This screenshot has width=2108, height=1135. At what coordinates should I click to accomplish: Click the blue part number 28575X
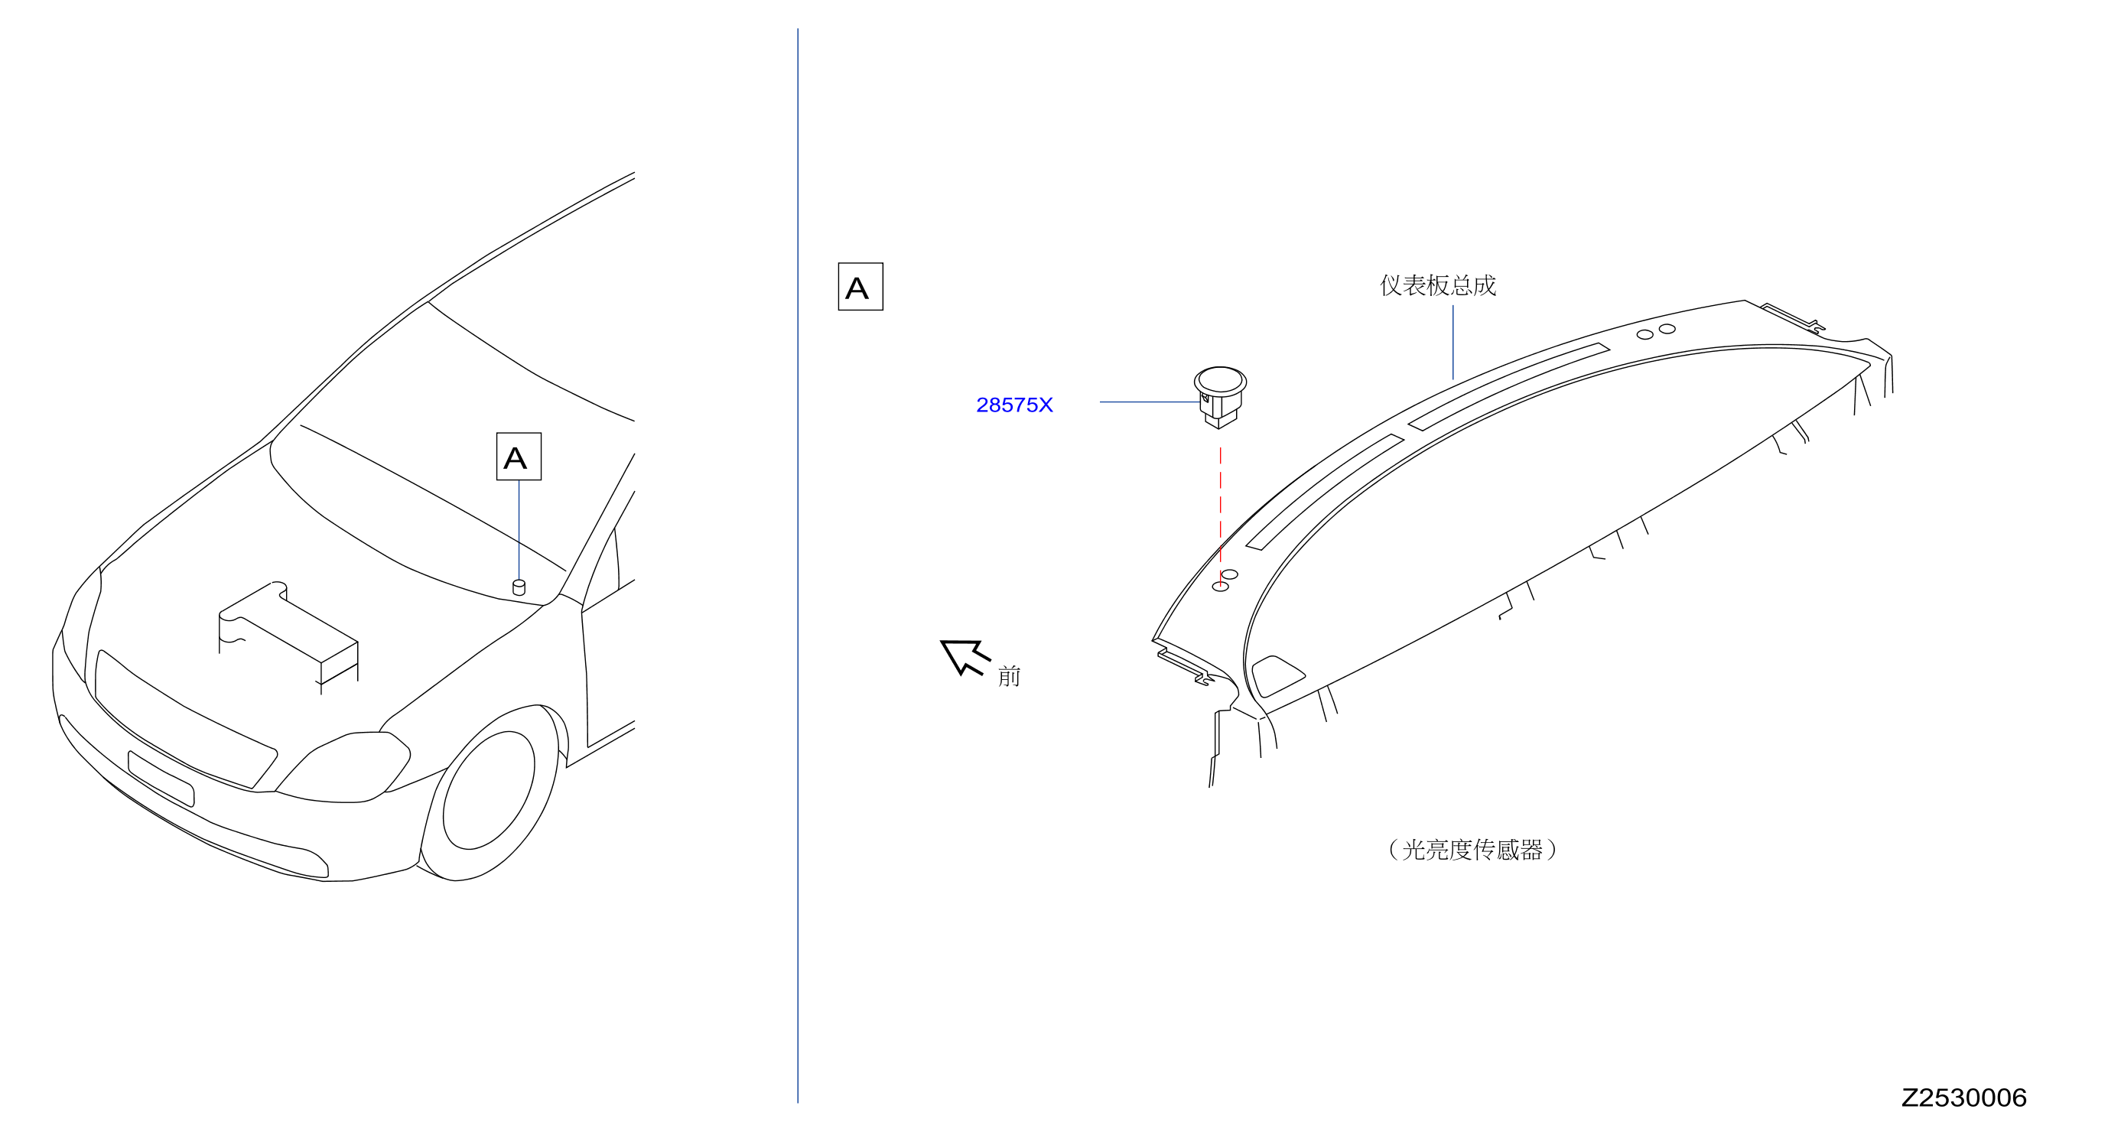point(1014,405)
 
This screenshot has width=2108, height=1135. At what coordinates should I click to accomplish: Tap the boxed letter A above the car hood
point(519,457)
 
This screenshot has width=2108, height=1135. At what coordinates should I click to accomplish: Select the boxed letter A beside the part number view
point(860,286)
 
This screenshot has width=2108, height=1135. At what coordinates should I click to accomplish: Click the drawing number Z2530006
point(1963,1098)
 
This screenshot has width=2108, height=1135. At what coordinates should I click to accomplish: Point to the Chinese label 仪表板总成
point(1438,285)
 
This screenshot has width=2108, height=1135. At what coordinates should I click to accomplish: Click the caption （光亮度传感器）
point(1472,850)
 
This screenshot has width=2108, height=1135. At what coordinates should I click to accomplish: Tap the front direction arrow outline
point(965,657)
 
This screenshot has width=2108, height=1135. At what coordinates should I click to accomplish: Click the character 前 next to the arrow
point(1009,676)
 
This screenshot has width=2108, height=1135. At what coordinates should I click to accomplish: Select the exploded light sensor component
point(1219,397)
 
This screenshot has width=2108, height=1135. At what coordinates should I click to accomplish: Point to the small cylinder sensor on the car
point(519,587)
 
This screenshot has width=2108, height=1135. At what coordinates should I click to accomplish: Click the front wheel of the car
point(490,792)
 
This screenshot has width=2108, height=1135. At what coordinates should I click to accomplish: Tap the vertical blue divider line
point(798,565)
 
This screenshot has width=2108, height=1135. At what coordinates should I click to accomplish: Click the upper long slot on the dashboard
point(1509,386)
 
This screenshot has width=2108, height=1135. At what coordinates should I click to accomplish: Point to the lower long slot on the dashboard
point(1325,491)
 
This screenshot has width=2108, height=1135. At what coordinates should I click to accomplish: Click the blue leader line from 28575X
point(1150,402)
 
